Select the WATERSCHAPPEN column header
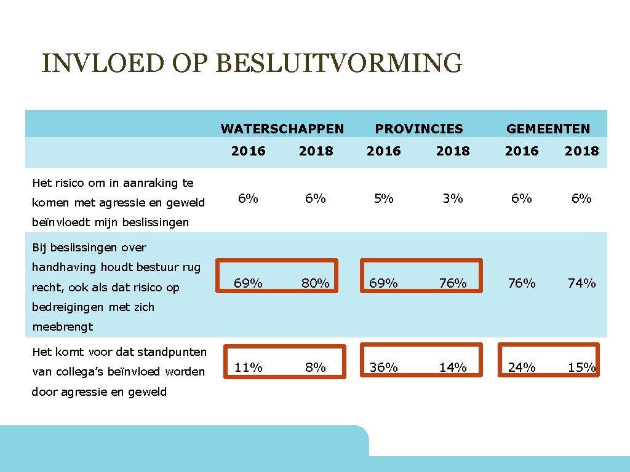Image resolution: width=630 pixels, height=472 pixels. [282, 129]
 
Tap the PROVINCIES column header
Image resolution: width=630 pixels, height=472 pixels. [419, 129]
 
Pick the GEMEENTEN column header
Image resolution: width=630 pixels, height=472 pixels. [548, 129]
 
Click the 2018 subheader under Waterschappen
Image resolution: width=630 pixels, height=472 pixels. [316, 151]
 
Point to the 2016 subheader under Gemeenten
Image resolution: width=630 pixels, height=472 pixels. [522, 151]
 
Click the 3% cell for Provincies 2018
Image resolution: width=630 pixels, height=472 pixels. [453, 199]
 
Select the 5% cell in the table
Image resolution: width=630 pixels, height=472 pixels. [384, 199]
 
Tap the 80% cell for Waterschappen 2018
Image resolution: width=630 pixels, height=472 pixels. [316, 283]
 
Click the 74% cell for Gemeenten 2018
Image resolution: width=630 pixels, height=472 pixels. [581, 283]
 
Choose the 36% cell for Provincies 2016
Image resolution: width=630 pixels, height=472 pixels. [384, 368]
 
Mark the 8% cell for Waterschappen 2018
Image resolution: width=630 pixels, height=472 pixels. [316, 368]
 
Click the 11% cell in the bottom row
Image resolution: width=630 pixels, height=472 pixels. [249, 368]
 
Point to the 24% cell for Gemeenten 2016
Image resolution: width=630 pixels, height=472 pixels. [522, 368]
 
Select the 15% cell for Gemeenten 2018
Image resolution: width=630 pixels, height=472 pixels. [581, 368]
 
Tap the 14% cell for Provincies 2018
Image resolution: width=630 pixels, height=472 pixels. [453, 368]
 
